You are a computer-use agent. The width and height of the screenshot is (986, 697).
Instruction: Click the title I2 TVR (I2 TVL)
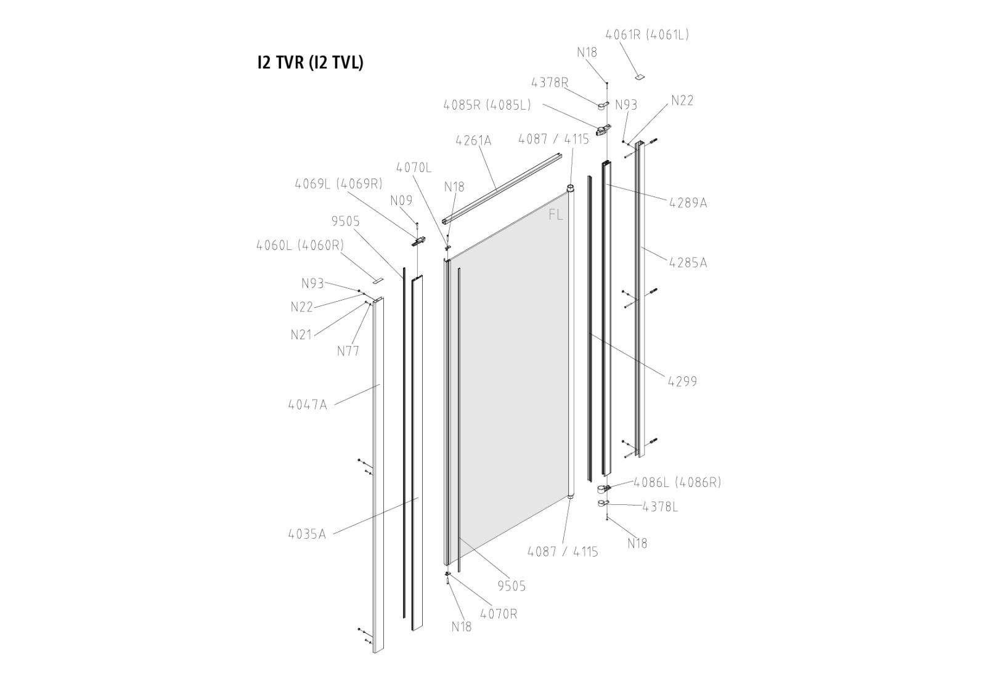(310, 63)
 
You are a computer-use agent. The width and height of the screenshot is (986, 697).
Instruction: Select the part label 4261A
(473, 141)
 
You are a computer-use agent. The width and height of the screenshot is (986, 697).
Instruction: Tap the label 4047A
(307, 405)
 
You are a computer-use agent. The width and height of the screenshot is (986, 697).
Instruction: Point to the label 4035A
(306, 534)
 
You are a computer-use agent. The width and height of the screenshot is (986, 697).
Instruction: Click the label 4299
(682, 382)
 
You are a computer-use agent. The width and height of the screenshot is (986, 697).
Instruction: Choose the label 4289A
(688, 203)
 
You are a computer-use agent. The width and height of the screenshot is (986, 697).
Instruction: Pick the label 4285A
(688, 263)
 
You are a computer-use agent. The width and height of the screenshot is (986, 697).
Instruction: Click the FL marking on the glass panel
(556, 215)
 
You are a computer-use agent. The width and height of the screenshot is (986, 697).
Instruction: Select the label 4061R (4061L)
(646, 35)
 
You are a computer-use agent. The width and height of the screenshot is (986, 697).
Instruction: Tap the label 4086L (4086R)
(677, 482)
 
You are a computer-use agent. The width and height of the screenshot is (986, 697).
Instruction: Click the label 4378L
(659, 507)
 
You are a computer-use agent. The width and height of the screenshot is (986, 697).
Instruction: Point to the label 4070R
(499, 614)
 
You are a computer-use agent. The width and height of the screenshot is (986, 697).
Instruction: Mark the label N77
(348, 352)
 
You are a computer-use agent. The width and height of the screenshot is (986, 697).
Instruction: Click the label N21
(301, 335)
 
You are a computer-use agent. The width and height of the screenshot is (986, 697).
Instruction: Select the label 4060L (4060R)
(300, 245)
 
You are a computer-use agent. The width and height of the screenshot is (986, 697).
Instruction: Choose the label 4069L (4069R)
(338, 183)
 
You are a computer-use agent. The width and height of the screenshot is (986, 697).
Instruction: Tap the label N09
(401, 201)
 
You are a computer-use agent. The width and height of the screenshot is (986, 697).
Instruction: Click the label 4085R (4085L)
(487, 105)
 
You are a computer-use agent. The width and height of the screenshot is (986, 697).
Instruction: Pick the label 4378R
(550, 83)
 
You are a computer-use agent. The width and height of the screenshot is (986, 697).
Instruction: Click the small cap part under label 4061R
(640, 76)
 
